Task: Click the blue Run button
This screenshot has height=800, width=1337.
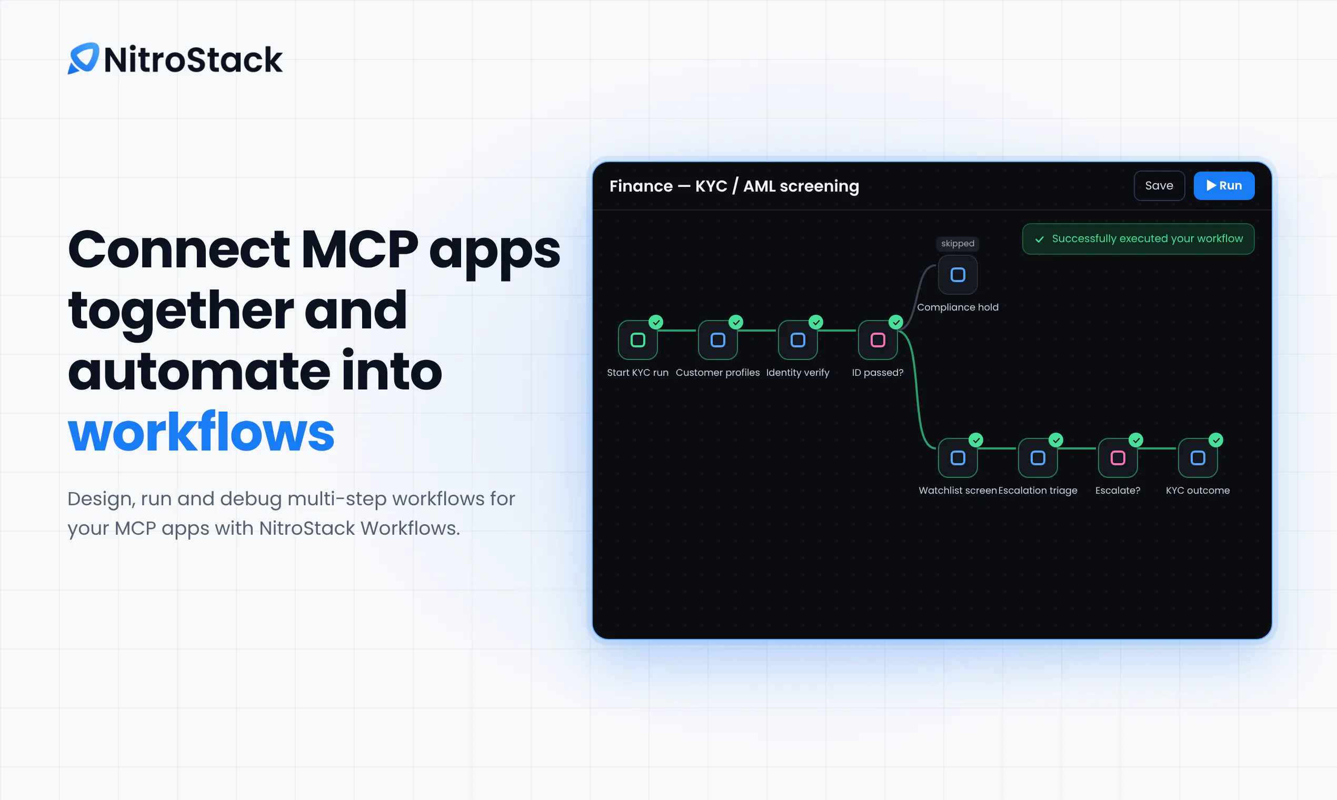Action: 1224,185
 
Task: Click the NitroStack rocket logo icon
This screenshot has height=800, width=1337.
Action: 84,58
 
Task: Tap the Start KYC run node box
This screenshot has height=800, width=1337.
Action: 638,339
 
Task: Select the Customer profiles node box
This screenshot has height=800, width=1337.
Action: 717,339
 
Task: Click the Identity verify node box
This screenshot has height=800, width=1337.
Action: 798,339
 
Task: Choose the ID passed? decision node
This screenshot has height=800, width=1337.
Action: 877,339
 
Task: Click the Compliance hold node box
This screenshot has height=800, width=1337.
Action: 957,275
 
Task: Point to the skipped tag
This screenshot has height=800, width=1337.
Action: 957,244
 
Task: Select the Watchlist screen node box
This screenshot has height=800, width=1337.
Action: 957,458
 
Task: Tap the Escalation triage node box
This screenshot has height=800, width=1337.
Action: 1038,458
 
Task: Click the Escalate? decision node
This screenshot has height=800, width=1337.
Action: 1118,458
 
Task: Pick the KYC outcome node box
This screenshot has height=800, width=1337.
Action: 1198,458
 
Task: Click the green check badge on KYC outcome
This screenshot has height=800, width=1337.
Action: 1216,440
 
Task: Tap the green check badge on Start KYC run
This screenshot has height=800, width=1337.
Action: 656,322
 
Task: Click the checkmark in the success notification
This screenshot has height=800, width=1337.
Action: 1040,239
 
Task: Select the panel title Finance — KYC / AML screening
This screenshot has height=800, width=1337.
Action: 734,186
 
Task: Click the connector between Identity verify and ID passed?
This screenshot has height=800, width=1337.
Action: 838,331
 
